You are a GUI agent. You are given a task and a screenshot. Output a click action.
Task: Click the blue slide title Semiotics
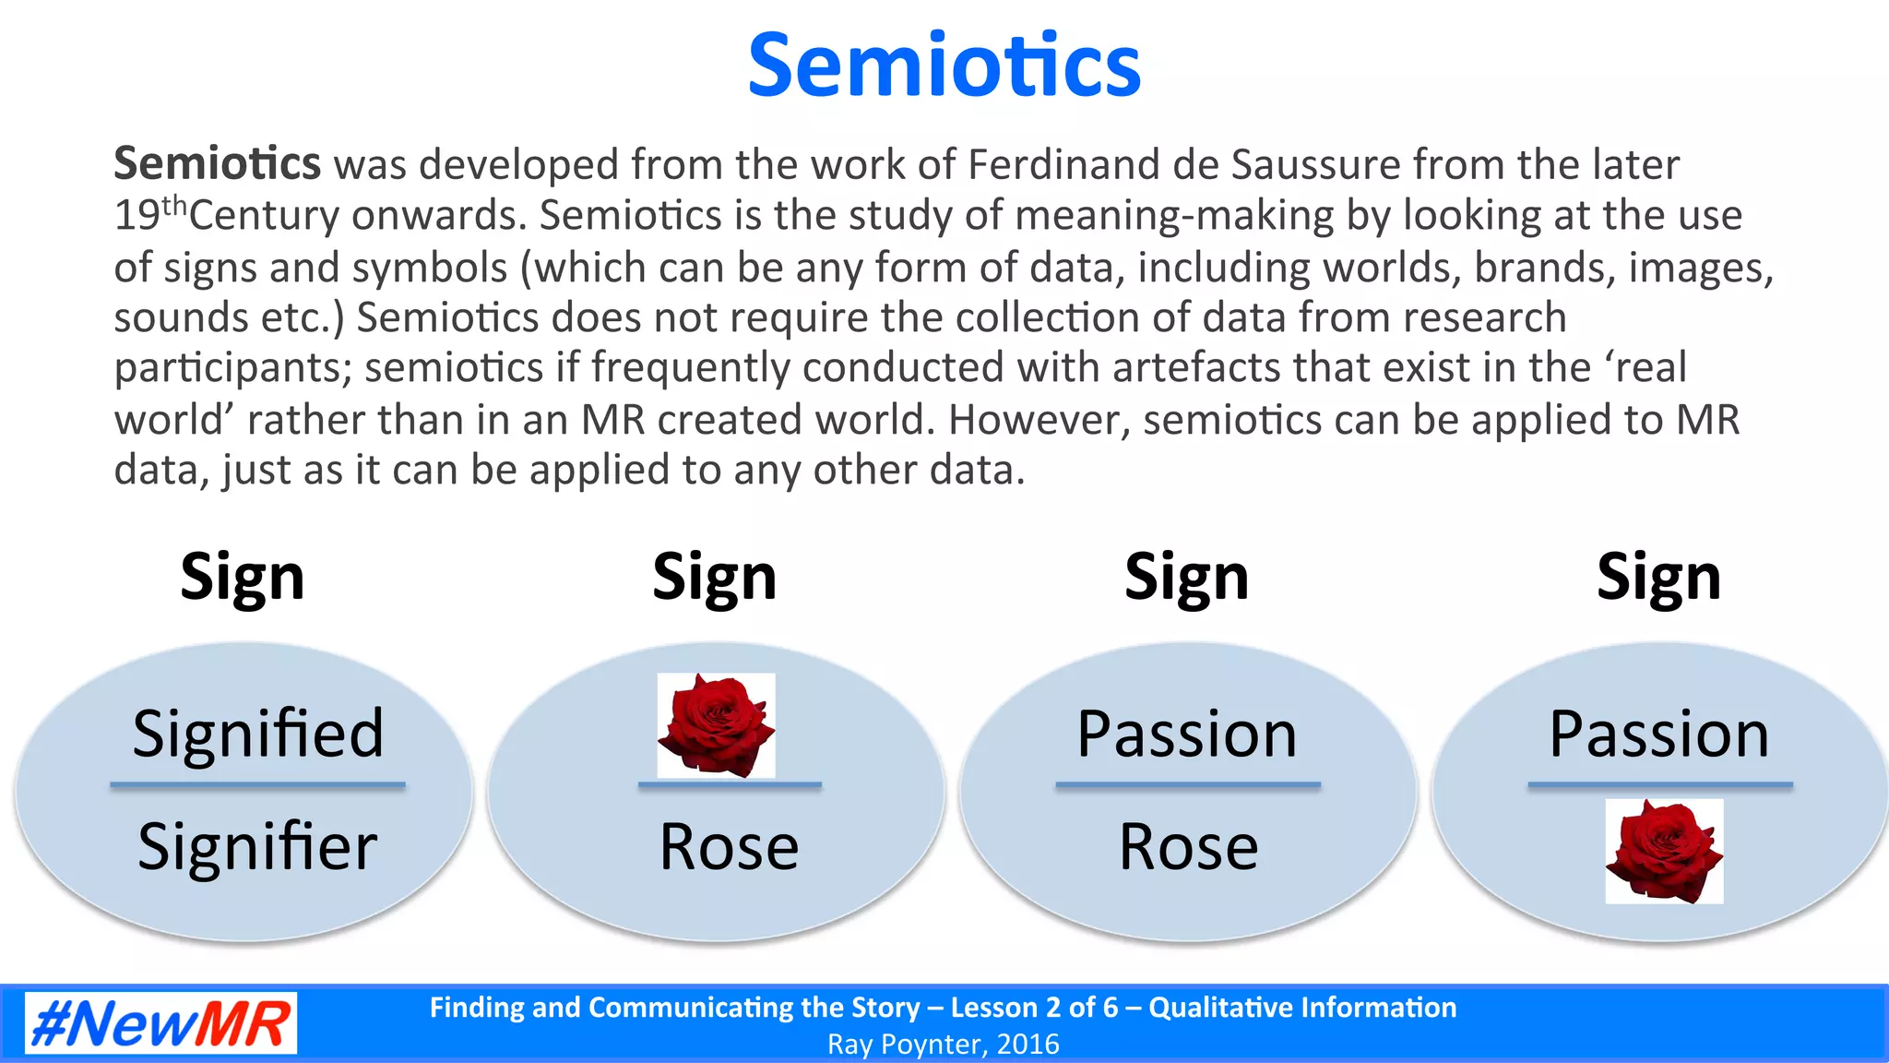944,66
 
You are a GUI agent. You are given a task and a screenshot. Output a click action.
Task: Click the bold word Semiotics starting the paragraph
217,163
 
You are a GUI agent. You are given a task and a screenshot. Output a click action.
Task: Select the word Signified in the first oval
257,734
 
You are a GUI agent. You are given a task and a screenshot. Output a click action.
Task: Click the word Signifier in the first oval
257,846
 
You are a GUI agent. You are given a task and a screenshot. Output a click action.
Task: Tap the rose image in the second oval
716,725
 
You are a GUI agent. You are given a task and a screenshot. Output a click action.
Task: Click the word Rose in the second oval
729,846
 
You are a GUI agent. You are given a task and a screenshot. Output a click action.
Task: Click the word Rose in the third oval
1188,846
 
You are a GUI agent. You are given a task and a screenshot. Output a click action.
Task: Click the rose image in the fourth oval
1664,851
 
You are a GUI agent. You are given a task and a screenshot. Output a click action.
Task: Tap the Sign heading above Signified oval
243,578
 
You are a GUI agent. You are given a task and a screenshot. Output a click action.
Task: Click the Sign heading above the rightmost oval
1658,578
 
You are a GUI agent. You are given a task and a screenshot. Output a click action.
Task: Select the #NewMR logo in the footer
160,1023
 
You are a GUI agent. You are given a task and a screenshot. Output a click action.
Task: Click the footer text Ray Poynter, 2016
943,1044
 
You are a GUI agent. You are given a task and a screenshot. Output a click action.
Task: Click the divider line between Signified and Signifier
257,785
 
